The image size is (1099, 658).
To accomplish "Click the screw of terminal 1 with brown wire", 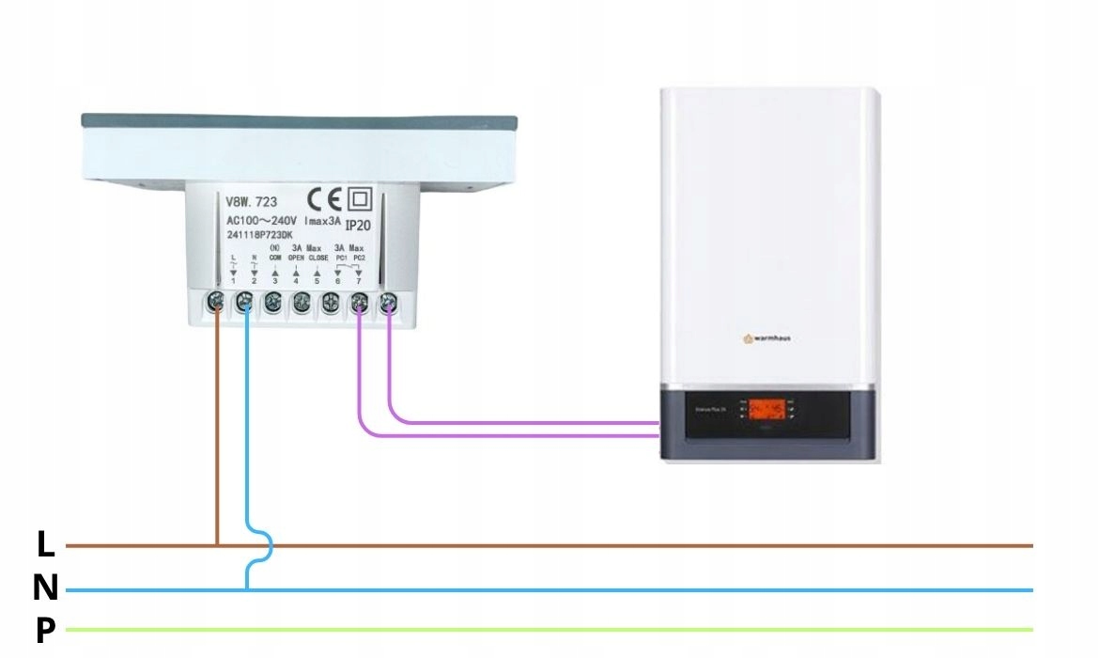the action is pyautogui.click(x=215, y=303).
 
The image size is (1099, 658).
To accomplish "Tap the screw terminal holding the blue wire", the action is pyautogui.click(x=244, y=303).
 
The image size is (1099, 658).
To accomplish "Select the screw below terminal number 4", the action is pyautogui.click(x=302, y=303).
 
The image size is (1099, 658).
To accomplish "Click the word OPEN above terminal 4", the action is pyautogui.click(x=296, y=258).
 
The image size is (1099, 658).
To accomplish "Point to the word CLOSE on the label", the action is pyautogui.click(x=318, y=258).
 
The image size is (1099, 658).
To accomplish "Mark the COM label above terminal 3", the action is pyautogui.click(x=275, y=258).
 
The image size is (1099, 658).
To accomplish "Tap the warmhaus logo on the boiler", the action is pyautogui.click(x=766, y=337).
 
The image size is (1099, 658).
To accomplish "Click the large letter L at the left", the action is pyautogui.click(x=45, y=544).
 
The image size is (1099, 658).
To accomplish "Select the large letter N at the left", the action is pyautogui.click(x=45, y=588).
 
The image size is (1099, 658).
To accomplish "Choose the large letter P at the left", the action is pyautogui.click(x=45, y=631).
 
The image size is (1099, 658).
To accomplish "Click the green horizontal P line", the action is pyautogui.click(x=564, y=629).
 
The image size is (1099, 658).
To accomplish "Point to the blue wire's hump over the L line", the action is pyautogui.click(x=269, y=545).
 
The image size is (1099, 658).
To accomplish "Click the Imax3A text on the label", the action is pyautogui.click(x=323, y=221).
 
